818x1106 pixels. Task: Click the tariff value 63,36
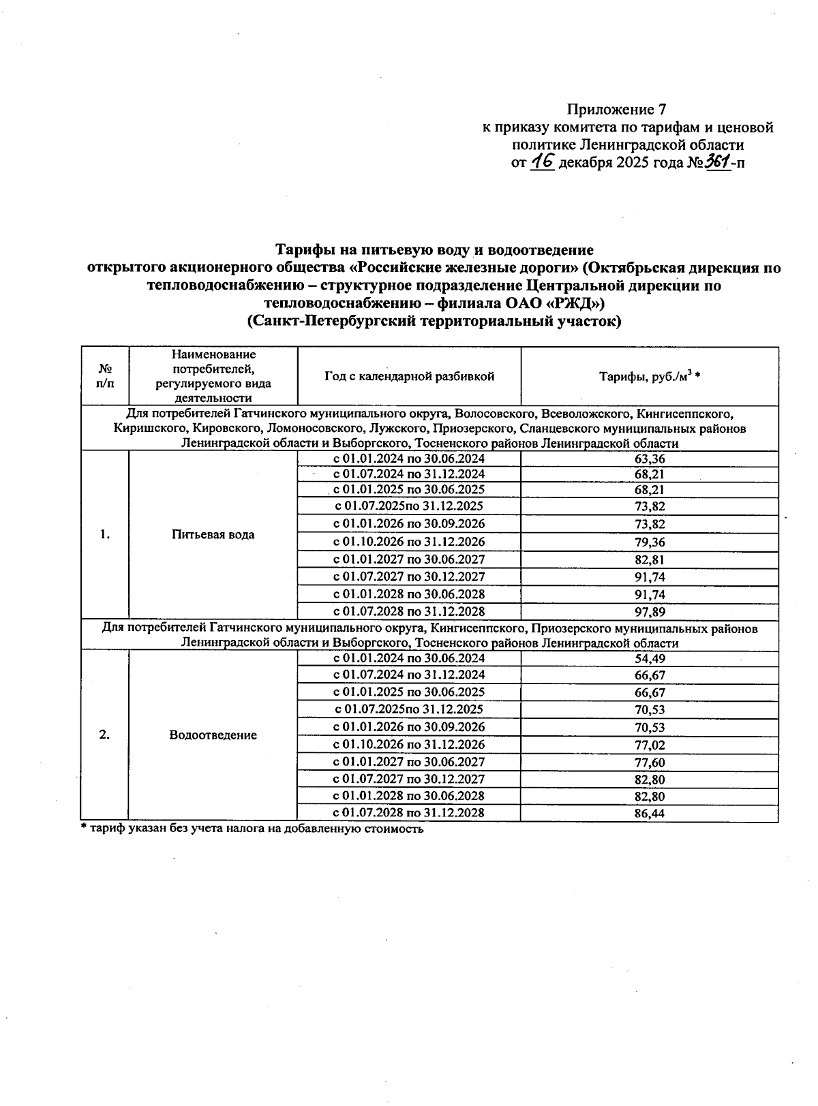click(x=649, y=459)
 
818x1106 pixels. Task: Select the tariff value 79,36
click(x=649, y=543)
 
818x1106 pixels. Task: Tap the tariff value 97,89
click(x=649, y=612)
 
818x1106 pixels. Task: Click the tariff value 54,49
click(x=649, y=659)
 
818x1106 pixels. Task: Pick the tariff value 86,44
click(x=649, y=813)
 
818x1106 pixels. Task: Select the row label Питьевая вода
click(x=213, y=535)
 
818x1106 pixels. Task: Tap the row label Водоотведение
click(x=213, y=735)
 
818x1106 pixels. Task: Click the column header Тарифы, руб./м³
click(x=650, y=376)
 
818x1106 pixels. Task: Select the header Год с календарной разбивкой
click(x=409, y=376)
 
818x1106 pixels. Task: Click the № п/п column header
click(x=105, y=376)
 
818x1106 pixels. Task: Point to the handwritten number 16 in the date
click(x=543, y=162)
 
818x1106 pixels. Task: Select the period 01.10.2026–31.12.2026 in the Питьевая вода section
click(x=409, y=542)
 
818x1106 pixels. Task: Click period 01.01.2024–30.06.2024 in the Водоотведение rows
click(x=409, y=658)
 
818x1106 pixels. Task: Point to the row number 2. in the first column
click(x=104, y=735)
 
